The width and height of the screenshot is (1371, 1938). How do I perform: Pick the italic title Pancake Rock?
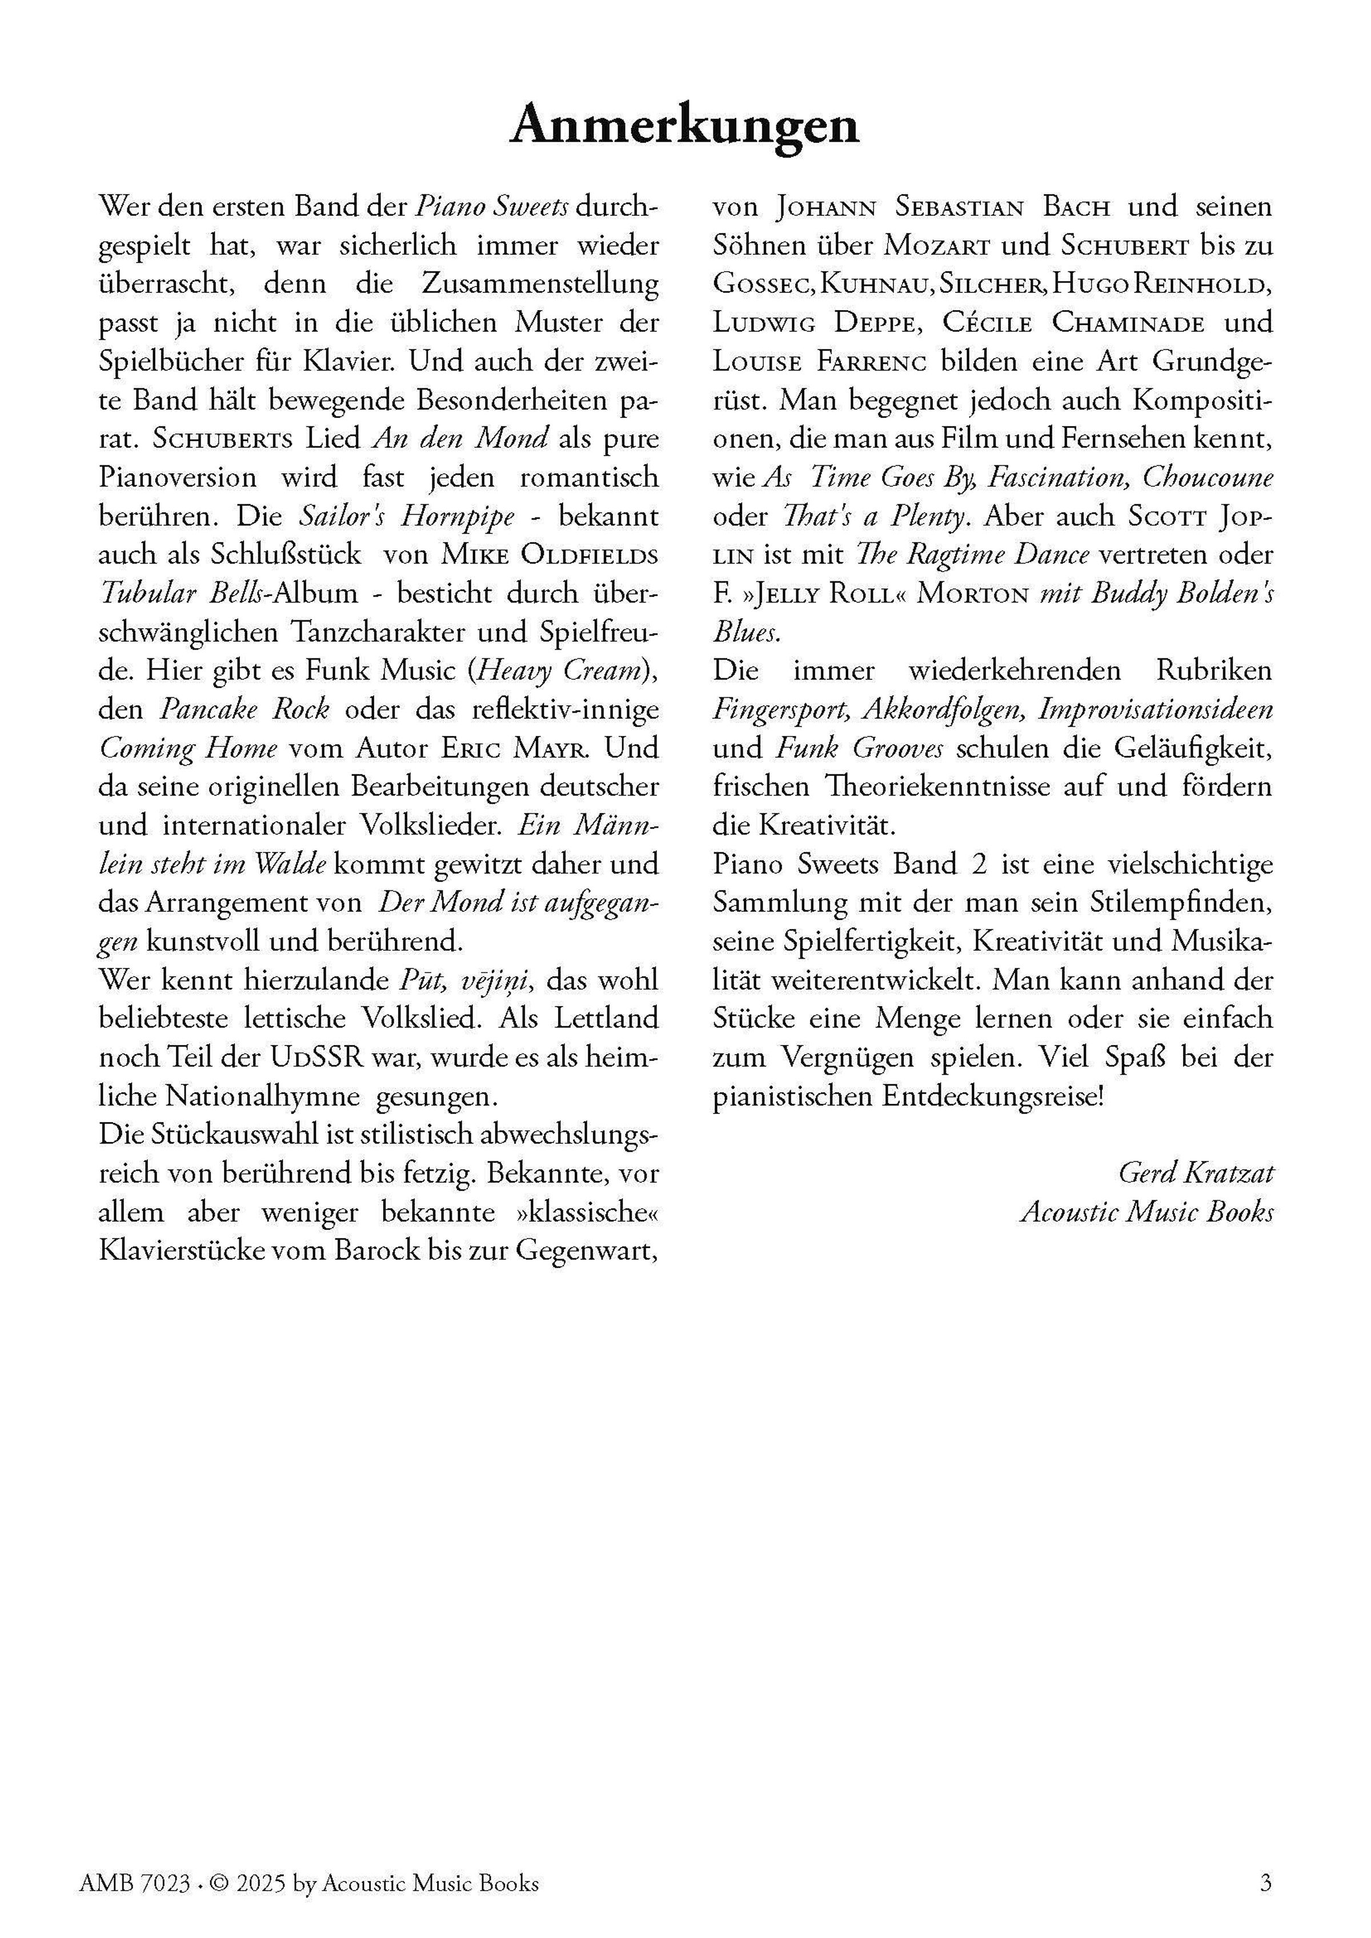245,710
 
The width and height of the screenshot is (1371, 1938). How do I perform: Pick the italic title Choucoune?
1207,478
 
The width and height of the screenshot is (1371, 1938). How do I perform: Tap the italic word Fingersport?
780,710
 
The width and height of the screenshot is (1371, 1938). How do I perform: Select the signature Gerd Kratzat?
1196,1172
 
